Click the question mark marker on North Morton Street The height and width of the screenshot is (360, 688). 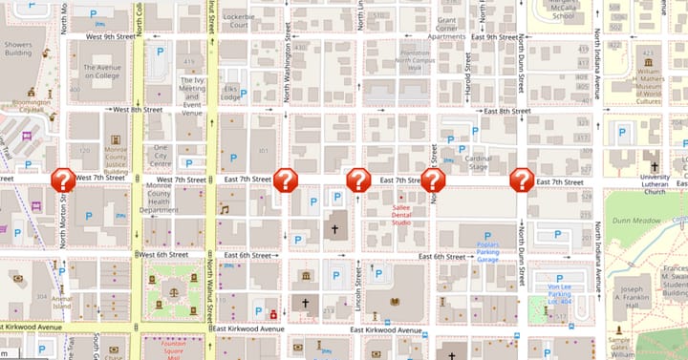click(63, 180)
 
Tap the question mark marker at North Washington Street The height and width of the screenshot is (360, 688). click(285, 180)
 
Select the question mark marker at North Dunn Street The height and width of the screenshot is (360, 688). click(522, 180)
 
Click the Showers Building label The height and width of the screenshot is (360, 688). click(18, 50)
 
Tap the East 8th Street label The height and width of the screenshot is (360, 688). click(506, 111)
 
